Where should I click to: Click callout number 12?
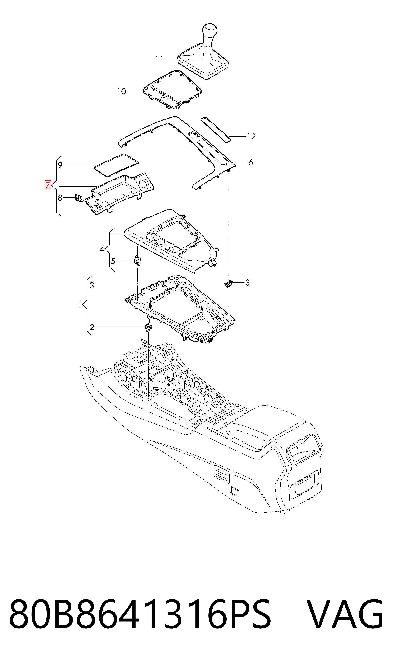251,137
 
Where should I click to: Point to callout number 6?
251,162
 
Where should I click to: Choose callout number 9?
60,165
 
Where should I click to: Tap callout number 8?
60,198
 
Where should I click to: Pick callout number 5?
113,261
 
